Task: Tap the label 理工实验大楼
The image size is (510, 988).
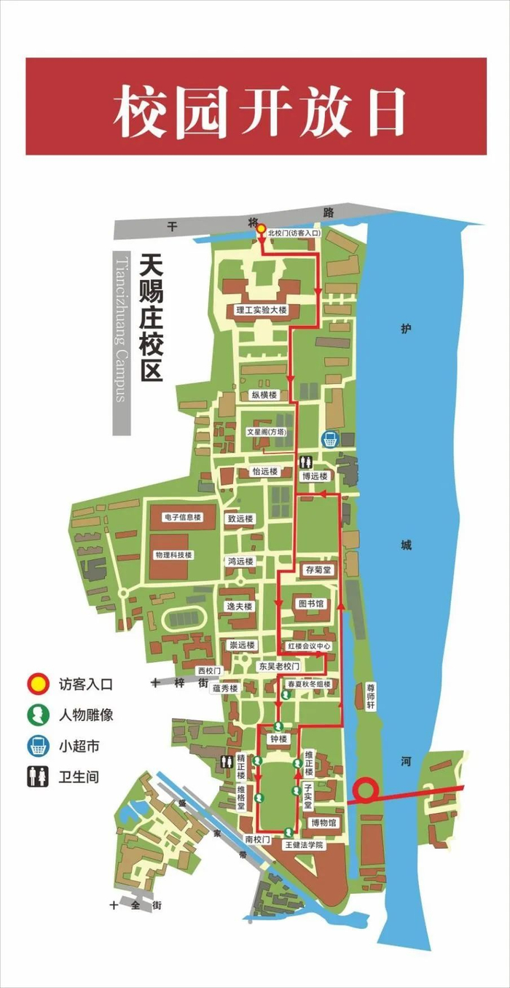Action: [x=262, y=310]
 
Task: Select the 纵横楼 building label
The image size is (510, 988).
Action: [x=264, y=394]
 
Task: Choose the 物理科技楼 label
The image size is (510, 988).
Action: [x=173, y=555]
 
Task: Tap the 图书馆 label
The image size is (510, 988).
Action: [x=311, y=604]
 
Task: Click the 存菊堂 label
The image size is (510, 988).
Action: [x=319, y=569]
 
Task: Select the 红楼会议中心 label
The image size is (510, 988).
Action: [x=309, y=646]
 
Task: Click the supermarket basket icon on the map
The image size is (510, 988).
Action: [x=330, y=439]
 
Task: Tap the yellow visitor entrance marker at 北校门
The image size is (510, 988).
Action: [x=261, y=229]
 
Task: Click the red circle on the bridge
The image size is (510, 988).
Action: [x=365, y=790]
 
